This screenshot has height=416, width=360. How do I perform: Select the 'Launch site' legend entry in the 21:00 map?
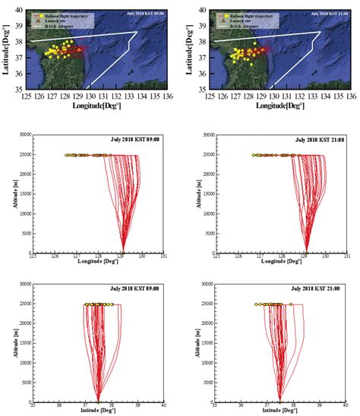coord(237,20)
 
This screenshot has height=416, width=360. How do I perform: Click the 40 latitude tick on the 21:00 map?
coord(201,11)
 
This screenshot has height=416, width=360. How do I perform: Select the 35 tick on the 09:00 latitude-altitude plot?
coord(33,407)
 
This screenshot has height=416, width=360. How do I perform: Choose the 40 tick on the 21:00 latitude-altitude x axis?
coord(346,407)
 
